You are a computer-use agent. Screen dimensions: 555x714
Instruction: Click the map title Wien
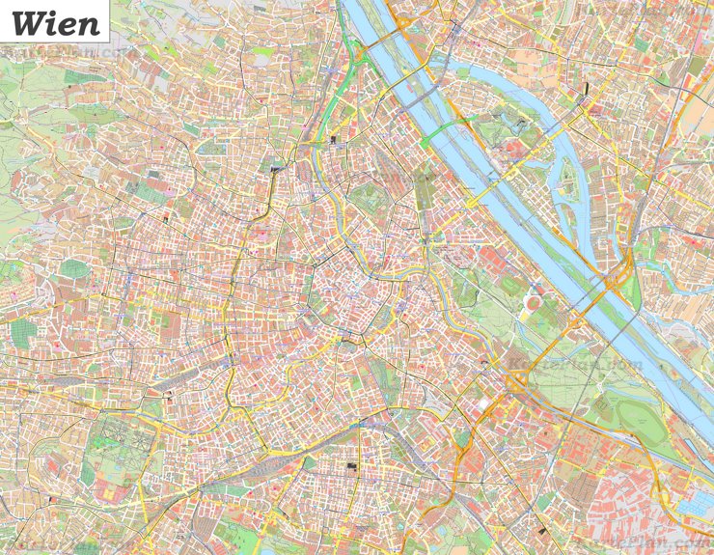55,22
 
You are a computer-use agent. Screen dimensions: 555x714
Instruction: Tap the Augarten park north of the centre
367,198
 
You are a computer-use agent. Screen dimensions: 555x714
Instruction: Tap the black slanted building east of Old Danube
586,91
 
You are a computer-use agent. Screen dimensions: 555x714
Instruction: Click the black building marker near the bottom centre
351,467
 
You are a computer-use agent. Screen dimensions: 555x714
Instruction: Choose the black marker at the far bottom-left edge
49,500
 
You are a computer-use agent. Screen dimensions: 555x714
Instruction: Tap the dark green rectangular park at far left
23,333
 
